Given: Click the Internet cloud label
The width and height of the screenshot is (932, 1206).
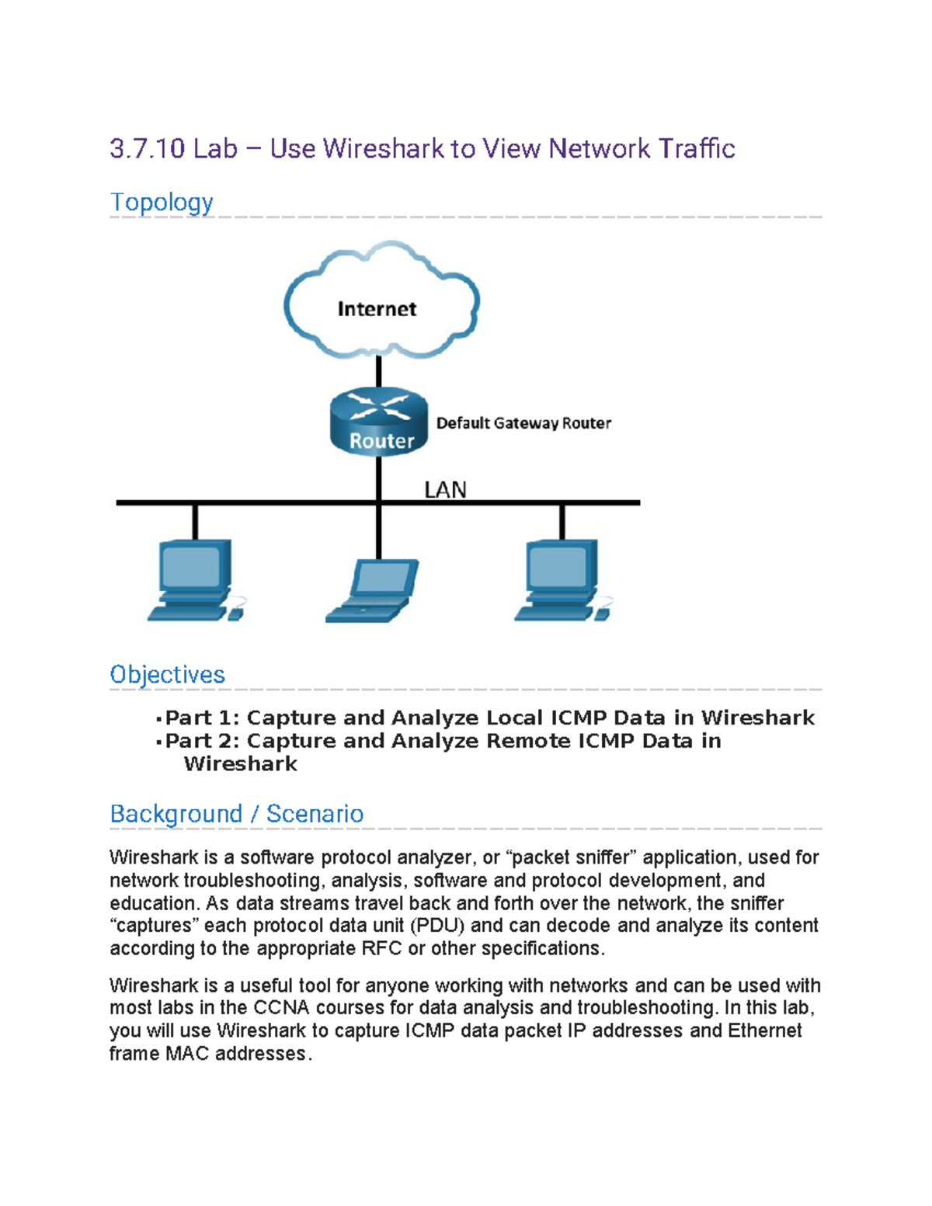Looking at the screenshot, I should [x=377, y=309].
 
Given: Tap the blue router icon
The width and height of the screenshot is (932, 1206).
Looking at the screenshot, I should [x=379, y=422].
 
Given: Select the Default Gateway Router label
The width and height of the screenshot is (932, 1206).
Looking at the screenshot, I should [x=523, y=423].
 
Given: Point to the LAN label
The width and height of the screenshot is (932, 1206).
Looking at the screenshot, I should [x=445, y=490].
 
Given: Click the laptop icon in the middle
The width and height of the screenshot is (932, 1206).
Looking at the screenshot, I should [x=373, y=591].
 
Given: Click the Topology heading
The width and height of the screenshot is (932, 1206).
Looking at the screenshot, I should [x=162, y=202].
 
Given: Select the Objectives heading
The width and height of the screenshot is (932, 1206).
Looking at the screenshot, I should [x=167, y=674].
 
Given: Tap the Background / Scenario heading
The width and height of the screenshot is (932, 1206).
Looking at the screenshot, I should [x=236, y=813].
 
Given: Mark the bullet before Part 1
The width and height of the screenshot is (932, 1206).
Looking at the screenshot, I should [x=158, y=719].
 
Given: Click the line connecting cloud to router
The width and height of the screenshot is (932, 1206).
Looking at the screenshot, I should [x=378, y=371].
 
